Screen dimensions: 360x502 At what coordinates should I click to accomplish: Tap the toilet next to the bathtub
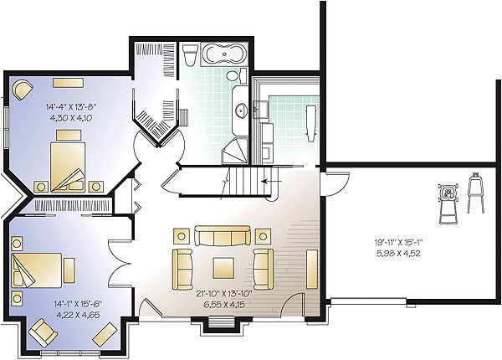[x=189, y=56]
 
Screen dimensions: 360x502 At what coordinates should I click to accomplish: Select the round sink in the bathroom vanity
[x=242, y=109]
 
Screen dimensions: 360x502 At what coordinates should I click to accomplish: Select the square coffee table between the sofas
[x=223, y=266]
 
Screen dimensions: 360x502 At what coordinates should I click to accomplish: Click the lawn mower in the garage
[x=451, y=202]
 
